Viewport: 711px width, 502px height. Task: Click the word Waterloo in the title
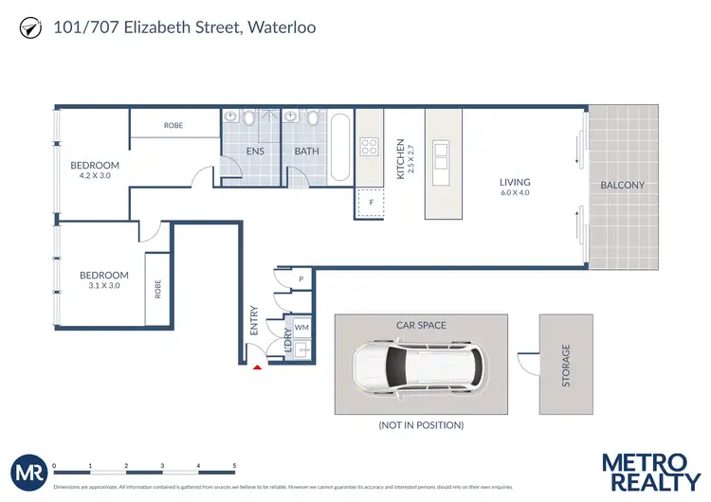281,27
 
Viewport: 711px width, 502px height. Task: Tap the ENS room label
255,151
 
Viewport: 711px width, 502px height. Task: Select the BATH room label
306,151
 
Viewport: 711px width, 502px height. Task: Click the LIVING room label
516,182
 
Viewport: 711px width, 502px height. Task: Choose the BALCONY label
623,185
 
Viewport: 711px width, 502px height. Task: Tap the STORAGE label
566,366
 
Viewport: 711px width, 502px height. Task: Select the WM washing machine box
301,327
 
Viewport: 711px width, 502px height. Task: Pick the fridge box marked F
370,202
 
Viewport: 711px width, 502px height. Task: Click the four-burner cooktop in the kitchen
369,147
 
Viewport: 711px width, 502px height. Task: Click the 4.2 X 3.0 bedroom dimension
95,176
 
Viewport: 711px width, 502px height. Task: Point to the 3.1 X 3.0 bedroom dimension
104,286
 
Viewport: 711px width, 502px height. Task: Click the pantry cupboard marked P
301,279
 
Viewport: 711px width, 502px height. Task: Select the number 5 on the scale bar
234,466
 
